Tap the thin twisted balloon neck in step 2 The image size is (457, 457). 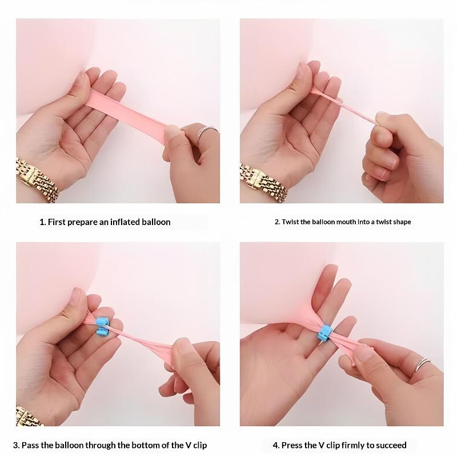click(x=344, y=105)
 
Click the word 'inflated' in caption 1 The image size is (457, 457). click(x=125, y=222)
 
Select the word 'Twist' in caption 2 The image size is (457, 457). click(x=290, y=222)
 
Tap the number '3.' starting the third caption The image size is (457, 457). click(x=17, y=446)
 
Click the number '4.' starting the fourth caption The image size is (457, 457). click(x=276, y=446)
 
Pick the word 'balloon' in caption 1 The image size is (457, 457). click(x=156, y=222)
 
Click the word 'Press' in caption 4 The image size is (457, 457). click(x=291, y=446)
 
